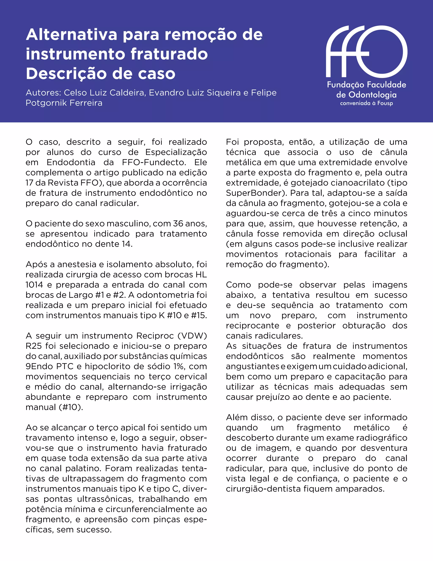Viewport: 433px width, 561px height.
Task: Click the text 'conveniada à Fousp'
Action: (x=366, y=103)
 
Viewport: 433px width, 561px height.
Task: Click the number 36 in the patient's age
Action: (x=178, y=224)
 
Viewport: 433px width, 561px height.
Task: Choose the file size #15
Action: (x=199, y=315)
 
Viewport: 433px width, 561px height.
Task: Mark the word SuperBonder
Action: (x=253, y=193)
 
